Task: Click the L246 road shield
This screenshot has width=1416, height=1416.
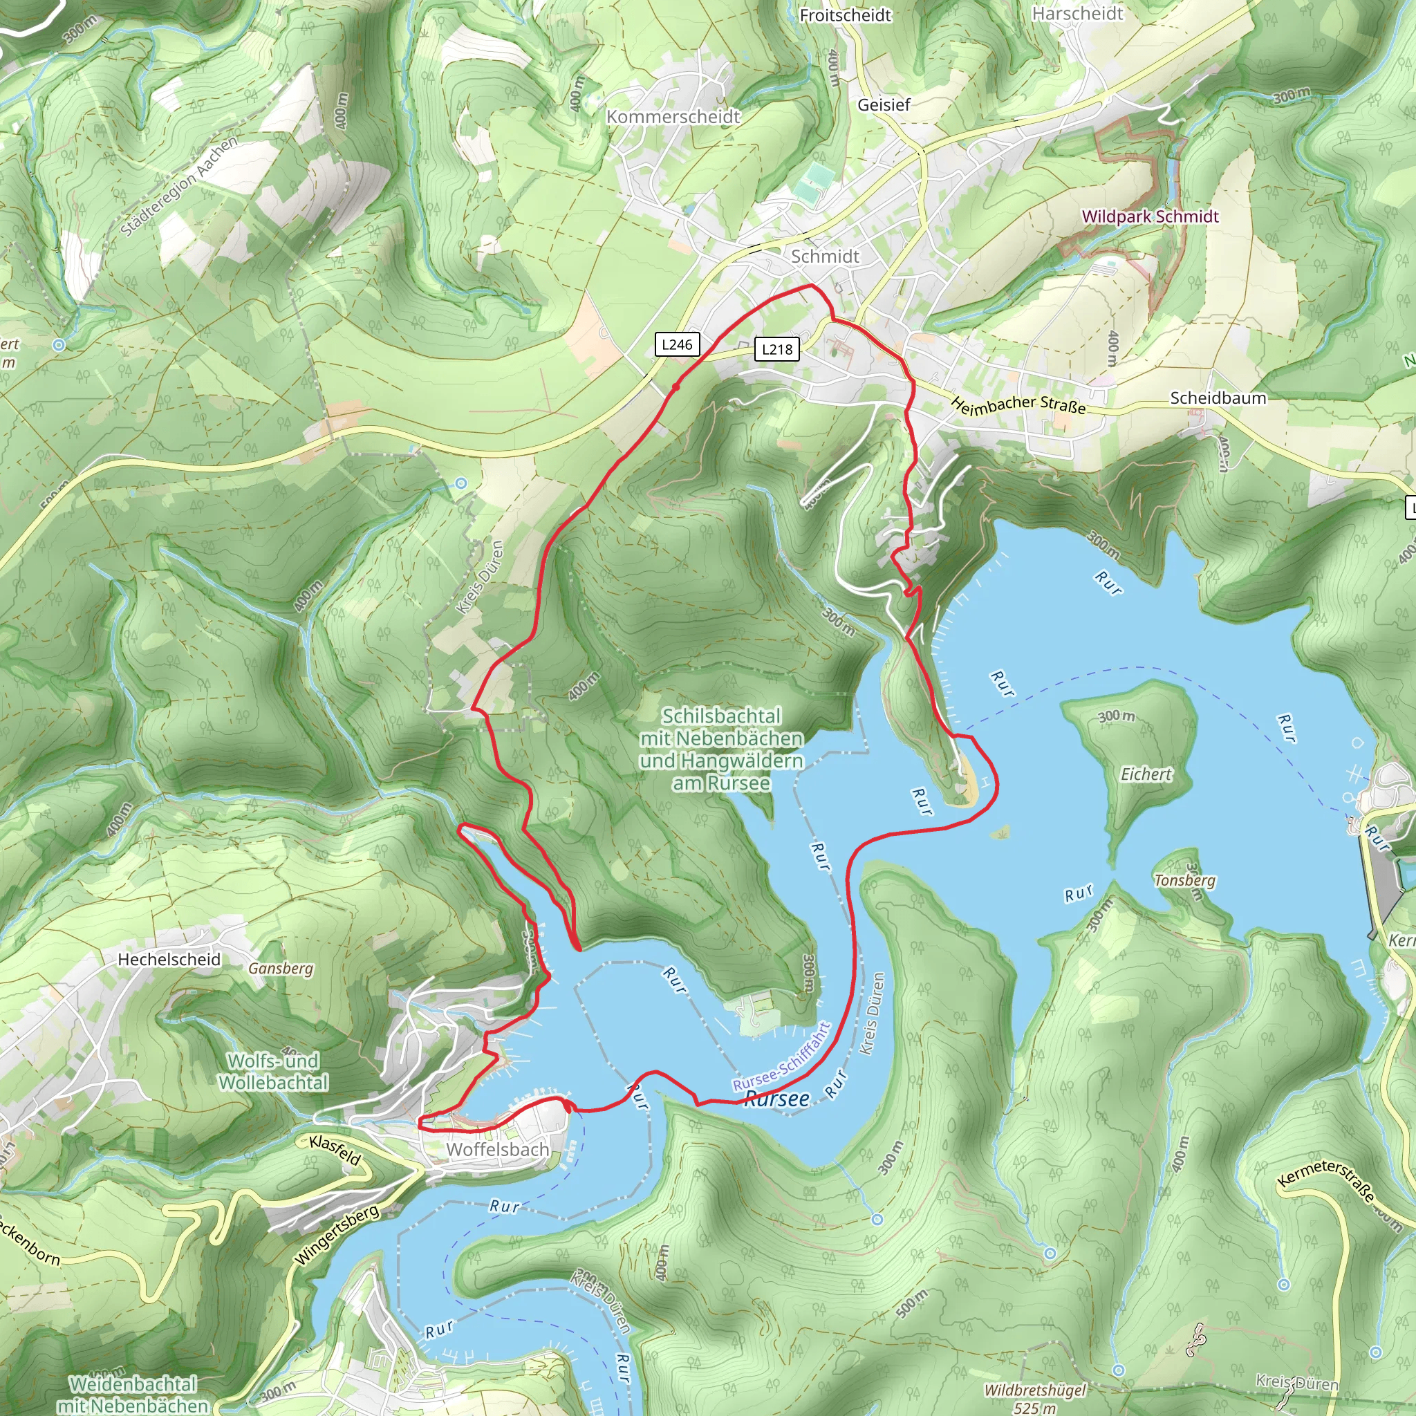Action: click(676, 344)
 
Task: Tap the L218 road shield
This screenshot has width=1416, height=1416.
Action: click(777, 349)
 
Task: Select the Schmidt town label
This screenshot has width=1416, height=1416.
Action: click(825, 257)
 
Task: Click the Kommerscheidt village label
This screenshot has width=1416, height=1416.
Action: click(673, 117)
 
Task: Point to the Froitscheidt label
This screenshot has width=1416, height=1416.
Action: click(845, 15)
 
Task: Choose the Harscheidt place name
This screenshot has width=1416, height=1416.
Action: click(1077, 14)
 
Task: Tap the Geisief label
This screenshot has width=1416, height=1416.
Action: click(883, 105)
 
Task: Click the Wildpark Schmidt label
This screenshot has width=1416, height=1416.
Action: click(1150, 216)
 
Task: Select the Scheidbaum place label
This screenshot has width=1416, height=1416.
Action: click(1218, 398)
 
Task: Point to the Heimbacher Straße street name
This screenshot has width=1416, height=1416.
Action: click(1018, 405)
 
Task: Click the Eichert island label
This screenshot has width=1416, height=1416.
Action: click(1146, 774)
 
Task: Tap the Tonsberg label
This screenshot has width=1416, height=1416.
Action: click(1184, 880)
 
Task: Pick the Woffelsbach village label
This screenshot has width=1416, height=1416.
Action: click(498, 1149)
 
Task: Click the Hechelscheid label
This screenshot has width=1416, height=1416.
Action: click(169, 960)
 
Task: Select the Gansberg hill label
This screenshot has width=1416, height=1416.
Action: click(280, 968)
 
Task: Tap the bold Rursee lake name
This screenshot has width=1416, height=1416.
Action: click(777, 1099)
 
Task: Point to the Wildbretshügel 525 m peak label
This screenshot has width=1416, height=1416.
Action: click(1034, 1397)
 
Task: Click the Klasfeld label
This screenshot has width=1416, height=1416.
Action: click(335, 1150)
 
